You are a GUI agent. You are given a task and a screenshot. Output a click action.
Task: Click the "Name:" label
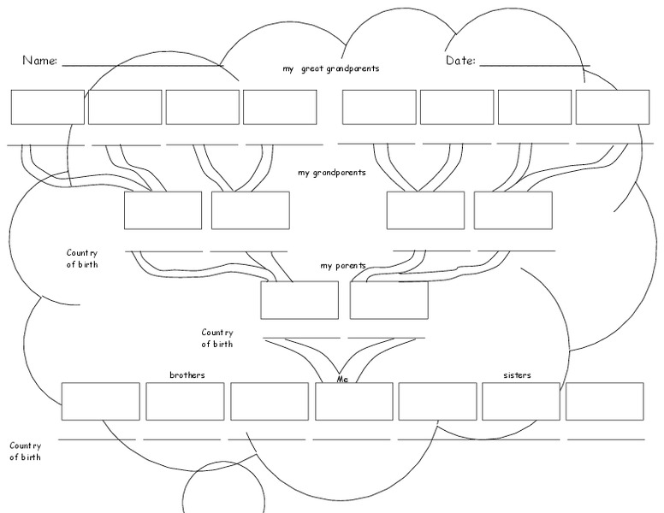39,61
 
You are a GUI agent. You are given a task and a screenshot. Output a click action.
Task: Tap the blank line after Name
141,65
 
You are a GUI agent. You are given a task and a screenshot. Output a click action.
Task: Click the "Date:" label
460,61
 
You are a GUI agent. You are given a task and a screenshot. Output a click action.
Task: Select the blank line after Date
534,65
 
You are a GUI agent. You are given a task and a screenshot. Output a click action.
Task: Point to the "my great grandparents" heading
330,68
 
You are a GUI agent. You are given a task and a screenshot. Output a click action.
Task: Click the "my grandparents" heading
331,173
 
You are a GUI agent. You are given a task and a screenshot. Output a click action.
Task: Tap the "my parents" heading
342,266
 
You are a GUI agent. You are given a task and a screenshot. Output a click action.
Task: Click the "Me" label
343,378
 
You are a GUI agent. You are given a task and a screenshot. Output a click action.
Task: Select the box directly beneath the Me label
353,401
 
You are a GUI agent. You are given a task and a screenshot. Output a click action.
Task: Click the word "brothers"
187,375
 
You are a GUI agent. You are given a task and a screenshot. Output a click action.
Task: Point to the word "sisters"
517,375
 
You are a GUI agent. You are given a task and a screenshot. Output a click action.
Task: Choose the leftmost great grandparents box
47,107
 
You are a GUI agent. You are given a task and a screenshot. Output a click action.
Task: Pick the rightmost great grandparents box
612,107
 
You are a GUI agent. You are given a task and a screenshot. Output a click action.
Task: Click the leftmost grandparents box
163,210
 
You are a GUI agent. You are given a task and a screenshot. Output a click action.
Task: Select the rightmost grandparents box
513,210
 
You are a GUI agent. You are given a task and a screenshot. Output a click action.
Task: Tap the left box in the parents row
299,300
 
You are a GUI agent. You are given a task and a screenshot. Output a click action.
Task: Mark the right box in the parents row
388,300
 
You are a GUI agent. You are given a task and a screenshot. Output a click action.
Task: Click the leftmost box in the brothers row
100,401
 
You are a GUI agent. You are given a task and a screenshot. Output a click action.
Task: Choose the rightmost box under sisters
604,401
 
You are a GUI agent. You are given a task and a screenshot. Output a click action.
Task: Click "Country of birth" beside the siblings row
25,451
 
